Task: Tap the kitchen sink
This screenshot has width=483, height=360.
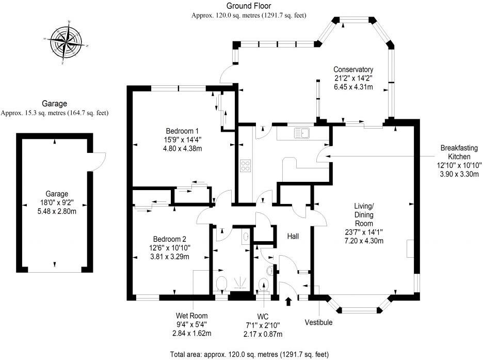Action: pos(301,133)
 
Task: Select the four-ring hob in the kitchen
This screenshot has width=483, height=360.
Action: pos(245,166)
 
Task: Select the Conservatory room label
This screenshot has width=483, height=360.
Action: pos(353,70)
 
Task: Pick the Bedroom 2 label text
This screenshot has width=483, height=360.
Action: pos(169,239)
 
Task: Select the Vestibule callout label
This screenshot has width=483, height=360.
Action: pos(318,323)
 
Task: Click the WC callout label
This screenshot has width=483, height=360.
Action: pos(264,316)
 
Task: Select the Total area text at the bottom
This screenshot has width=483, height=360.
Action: pos(249,355)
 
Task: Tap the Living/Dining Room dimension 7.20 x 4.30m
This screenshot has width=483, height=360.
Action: pos(367,241)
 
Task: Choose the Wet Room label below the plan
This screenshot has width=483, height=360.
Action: pos(191,316)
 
